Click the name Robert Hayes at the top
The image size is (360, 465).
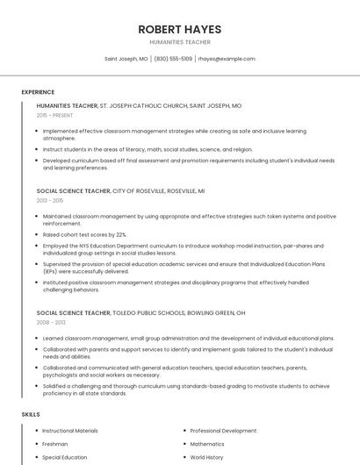(x=180, y=29)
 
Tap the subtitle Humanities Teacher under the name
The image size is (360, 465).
(x=180, y=41)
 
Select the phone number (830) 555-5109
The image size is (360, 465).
(x=174, y=59)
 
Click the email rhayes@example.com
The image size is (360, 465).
(x=227, y=59)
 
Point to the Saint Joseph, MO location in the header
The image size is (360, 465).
(x=126, y=59)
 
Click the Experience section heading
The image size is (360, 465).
(x=38, y=92)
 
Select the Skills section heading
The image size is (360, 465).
(x=31, y=413)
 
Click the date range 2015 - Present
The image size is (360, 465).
(x=55, y=115)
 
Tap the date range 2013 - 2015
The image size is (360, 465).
(x=50, y=200)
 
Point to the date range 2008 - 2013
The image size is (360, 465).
(x=50, y=322)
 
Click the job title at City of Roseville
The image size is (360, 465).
(x=74, y=190)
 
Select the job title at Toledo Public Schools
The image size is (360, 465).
(x=74, y=312)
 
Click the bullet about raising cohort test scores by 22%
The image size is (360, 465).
(x=84, y=235)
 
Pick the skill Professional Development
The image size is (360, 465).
(x=223, y=431)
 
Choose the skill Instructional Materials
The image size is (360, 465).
(x=70, y=431)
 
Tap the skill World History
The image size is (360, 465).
(x=208, y=457)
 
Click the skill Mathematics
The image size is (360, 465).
(x=207, y=444)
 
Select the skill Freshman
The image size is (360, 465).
(x=54, y=444)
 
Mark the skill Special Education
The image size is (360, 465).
(x=65, y=457)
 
